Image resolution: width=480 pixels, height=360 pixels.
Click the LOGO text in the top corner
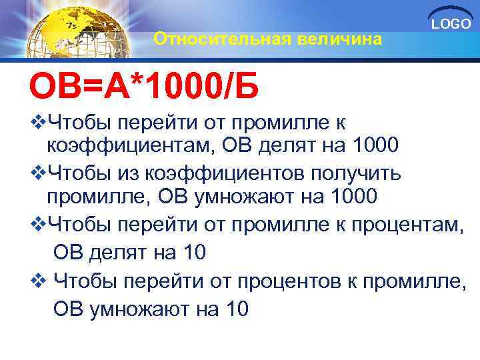point(451,25)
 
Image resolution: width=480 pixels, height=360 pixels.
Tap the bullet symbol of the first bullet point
point(37,122)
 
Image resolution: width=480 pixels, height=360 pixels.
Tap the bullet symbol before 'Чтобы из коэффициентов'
point(37,173)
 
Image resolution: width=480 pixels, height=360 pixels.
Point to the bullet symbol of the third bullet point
point(37,225)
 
